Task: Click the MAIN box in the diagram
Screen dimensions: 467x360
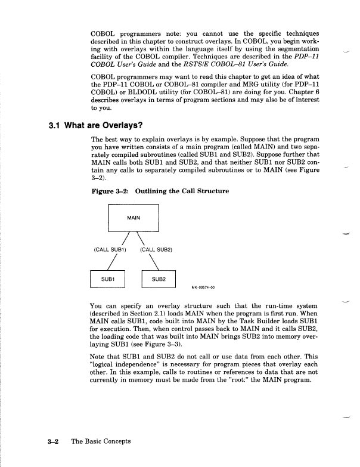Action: (134, 218)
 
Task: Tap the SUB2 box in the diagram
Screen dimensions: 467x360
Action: (158, 279)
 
